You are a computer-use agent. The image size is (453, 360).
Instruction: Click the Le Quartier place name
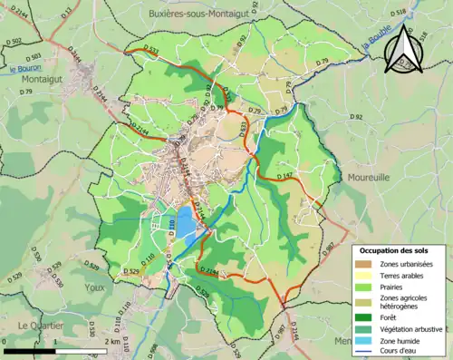[x=40, y=325]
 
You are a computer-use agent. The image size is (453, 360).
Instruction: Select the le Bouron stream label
[x=26, y=68]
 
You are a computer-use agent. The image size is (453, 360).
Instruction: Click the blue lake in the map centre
[x=185, y=220]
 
